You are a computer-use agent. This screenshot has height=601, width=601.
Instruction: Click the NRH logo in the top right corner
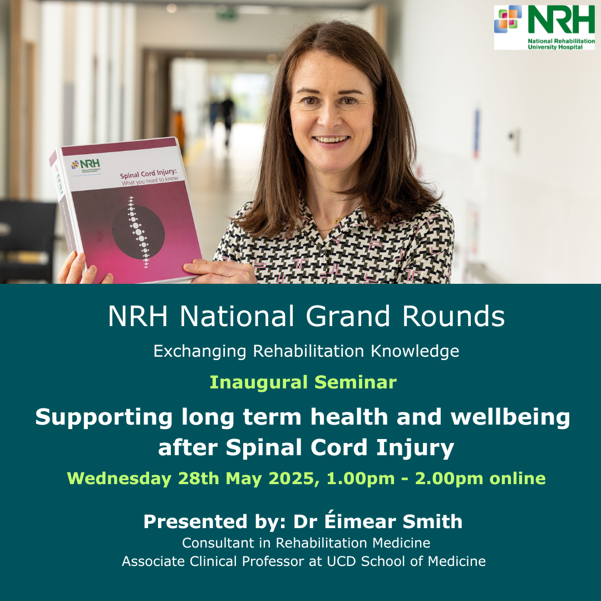(544, 28)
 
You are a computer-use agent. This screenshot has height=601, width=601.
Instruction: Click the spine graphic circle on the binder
(139, 232)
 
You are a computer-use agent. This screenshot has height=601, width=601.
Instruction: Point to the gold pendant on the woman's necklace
(337, 221)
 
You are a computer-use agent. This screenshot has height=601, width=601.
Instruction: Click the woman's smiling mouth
(331, 139)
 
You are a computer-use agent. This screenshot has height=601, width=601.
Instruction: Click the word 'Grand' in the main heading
(348, 317)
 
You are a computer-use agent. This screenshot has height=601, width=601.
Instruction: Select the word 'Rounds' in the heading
(454, 317)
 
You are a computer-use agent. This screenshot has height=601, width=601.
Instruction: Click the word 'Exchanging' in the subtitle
(200, 352)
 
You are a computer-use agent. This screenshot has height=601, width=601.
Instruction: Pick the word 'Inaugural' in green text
(259, 382)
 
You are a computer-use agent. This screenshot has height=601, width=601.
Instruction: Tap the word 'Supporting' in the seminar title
(104, 417)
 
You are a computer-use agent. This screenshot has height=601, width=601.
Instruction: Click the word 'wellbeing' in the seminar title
(510, 417)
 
